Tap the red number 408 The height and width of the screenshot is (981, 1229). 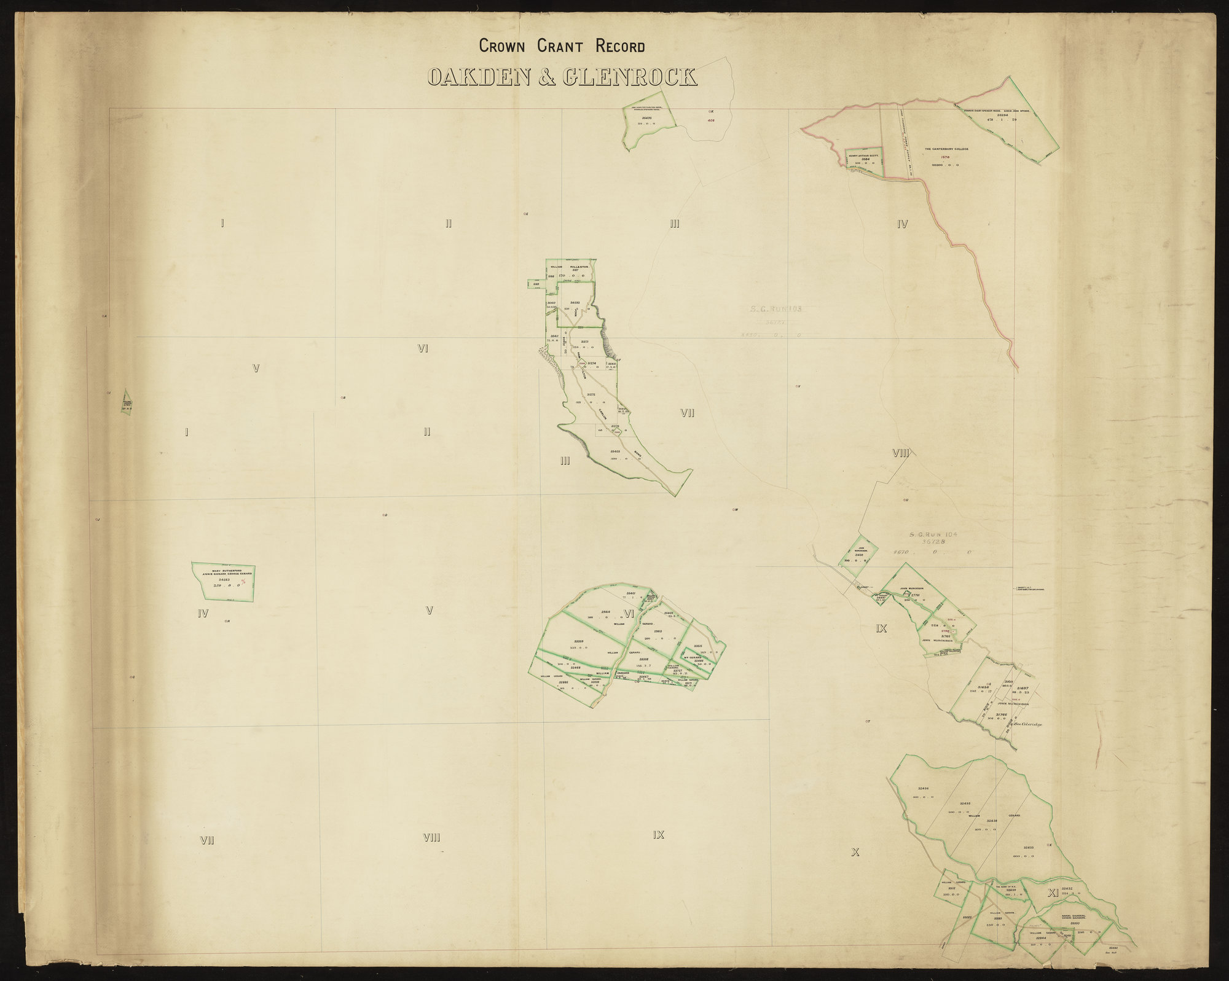click(x=711, y=120)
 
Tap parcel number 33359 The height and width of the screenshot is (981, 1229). click(x=579, y=642)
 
